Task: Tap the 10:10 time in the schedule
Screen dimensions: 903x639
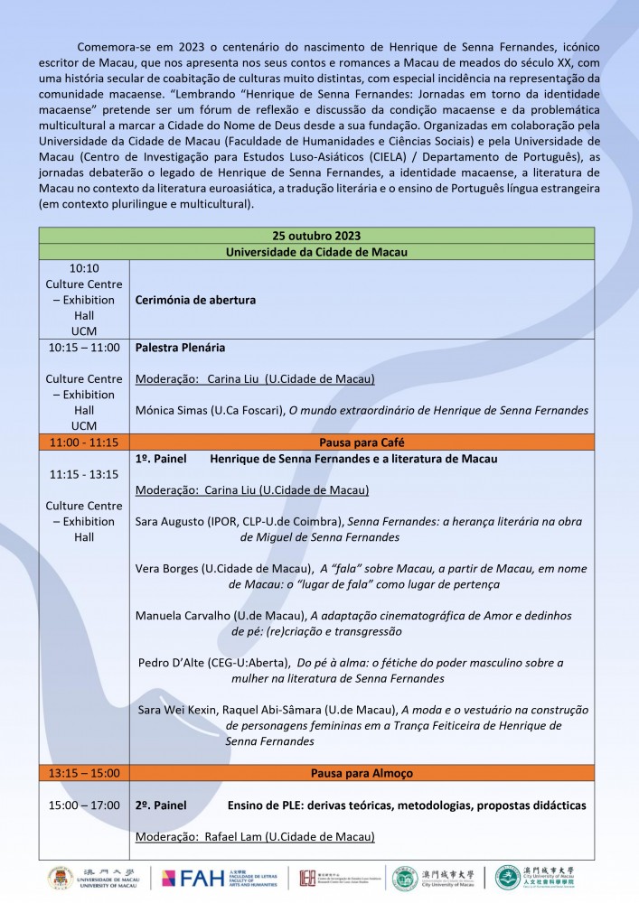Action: coord(84,268)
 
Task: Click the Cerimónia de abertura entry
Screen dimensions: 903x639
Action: coord(195,300)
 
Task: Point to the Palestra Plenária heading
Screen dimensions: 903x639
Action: coord(180,348)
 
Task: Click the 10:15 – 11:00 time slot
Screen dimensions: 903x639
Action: coord(84,348)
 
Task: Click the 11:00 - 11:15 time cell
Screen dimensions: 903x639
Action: coord(84,442)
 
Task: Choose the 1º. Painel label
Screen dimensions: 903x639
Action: coord(160,459)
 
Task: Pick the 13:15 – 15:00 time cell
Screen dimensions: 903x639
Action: coord(84,773)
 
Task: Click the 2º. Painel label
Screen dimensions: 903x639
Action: coord(160,805)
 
